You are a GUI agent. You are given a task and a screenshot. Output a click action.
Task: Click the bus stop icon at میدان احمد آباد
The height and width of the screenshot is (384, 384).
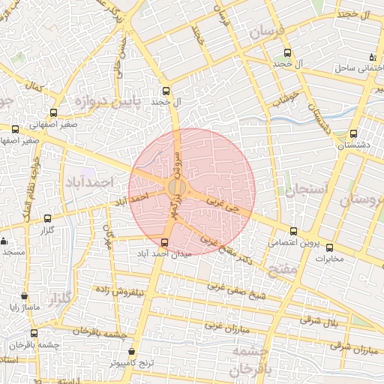tap(165, 241)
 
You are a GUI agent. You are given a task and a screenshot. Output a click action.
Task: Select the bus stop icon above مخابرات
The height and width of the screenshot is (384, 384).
tap(328, 247)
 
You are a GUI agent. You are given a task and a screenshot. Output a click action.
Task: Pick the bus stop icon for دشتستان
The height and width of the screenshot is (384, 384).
tap(353, 133)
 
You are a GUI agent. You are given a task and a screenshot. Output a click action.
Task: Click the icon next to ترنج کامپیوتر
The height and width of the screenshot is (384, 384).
tap(132, 350)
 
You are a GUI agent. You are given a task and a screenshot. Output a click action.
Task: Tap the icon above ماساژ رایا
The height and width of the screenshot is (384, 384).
tap(25, 296)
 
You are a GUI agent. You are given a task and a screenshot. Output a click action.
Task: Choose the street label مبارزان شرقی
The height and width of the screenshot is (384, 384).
tap(354, 347)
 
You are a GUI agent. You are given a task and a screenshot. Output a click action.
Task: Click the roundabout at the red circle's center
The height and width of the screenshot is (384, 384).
tap(178, 186)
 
